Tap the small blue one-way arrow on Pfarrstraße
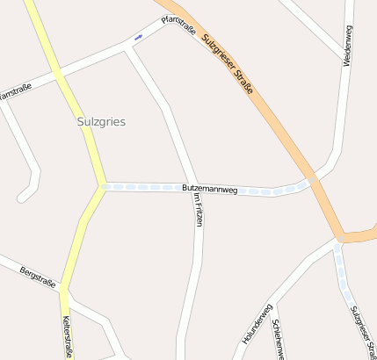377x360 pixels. pyautogui.click(x=138, y=37)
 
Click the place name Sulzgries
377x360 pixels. pyautogui.click(x=101, y=122)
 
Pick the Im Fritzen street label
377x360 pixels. pyautogui.click(x=199, y=211)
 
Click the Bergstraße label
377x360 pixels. pyautogui.click(x=38, y=278)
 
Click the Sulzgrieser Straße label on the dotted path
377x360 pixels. pyautogui.click(x=361, y=332)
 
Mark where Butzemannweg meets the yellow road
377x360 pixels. pyautogui.click(x=103, y=186)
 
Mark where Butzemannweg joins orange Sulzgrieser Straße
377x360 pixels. pyautogui.click(x=311, y=180)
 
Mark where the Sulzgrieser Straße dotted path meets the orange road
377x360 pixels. pyautogui.click(x=339, y=239)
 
